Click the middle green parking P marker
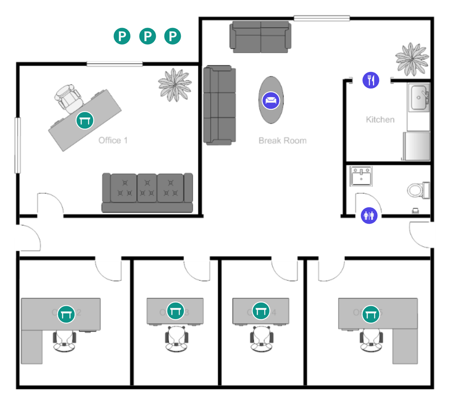coord(147,36)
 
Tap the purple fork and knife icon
coord(371,80)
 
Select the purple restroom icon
coord(369,215)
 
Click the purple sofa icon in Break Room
coord(271,100)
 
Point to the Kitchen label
coord(380,120)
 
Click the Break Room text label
coord(283,141)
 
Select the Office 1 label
coord(113,141)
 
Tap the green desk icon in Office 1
coord(84,120)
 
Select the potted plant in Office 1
coord(175,84)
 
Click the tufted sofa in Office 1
coord(147,192)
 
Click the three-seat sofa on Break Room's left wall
coord(220,105)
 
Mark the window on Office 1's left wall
coord(18,145)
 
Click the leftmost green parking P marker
coord(121,36)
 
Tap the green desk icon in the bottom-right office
coord(370,313)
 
